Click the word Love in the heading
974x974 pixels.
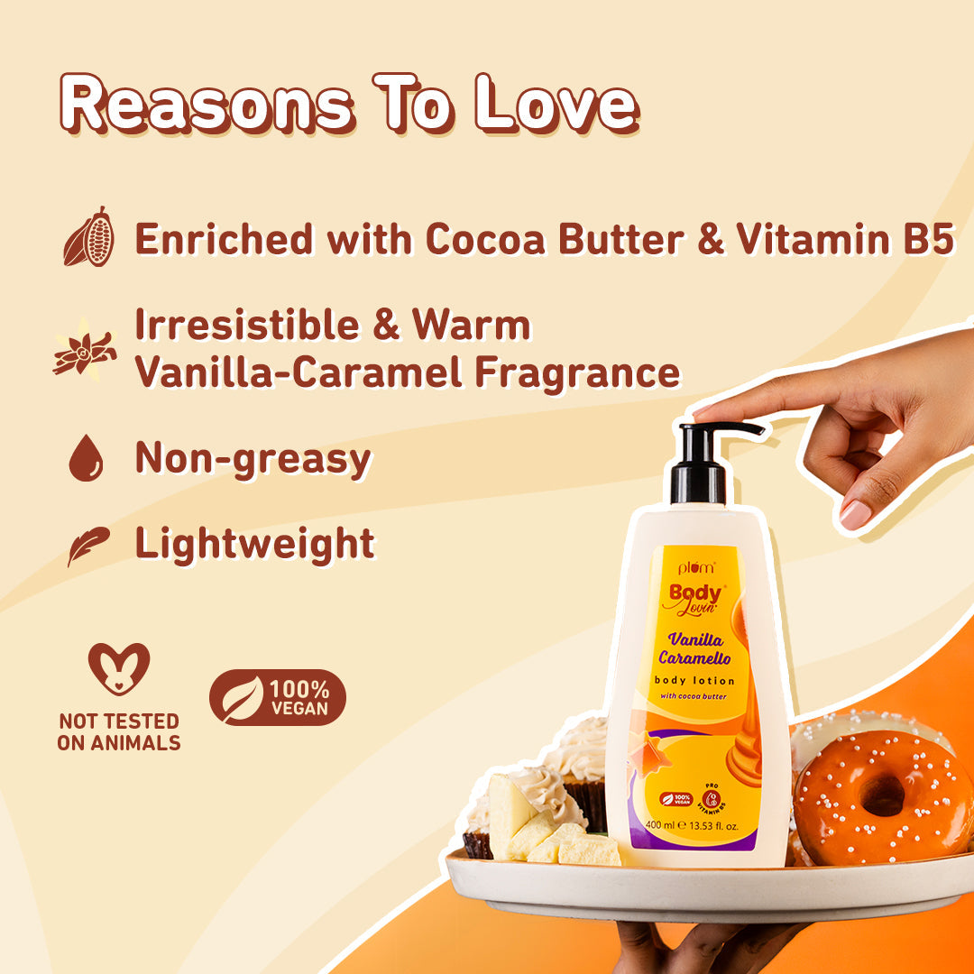tap(557, 106)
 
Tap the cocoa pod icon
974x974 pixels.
tap(88, 237)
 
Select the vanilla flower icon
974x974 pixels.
tap(85, 350)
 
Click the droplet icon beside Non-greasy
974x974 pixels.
tap(86, 458)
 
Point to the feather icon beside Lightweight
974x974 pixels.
tap(87, 545)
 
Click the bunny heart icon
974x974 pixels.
tap(119, 669)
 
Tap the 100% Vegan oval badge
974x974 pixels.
tap(278, 697)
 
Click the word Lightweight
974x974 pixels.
tap(254, 543)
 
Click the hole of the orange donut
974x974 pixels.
tap(881, 795)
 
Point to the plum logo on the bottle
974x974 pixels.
tap(695, 568)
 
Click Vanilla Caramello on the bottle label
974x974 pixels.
tap(695, 648)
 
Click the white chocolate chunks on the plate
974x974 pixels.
tap(541, 830)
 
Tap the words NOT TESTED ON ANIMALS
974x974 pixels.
tap(118, 732)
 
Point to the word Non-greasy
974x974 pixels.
tap(253, 458)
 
